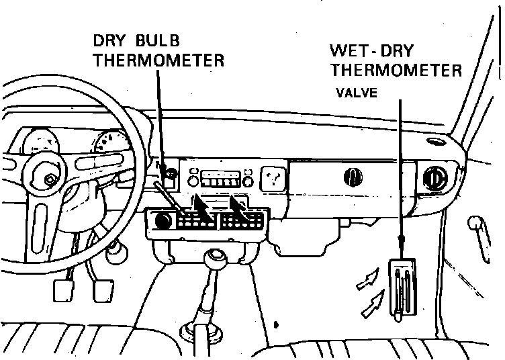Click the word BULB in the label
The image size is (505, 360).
158,40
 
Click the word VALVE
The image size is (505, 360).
357,93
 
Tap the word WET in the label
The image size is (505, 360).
349,50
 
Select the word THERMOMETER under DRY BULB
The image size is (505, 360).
158,60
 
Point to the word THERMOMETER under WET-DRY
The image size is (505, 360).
396,71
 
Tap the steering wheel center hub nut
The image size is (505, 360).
49,180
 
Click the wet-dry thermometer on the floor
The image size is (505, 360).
402,289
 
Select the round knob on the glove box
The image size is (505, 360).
353,177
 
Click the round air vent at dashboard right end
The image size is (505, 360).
435,177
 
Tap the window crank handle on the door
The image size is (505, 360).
479,238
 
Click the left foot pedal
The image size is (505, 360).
63,290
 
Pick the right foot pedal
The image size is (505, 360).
103,291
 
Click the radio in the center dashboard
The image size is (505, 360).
221,179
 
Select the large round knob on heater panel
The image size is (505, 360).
163,220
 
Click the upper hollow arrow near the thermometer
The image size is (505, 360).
367,279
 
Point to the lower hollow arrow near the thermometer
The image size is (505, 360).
373,303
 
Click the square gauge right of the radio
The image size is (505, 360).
273,179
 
